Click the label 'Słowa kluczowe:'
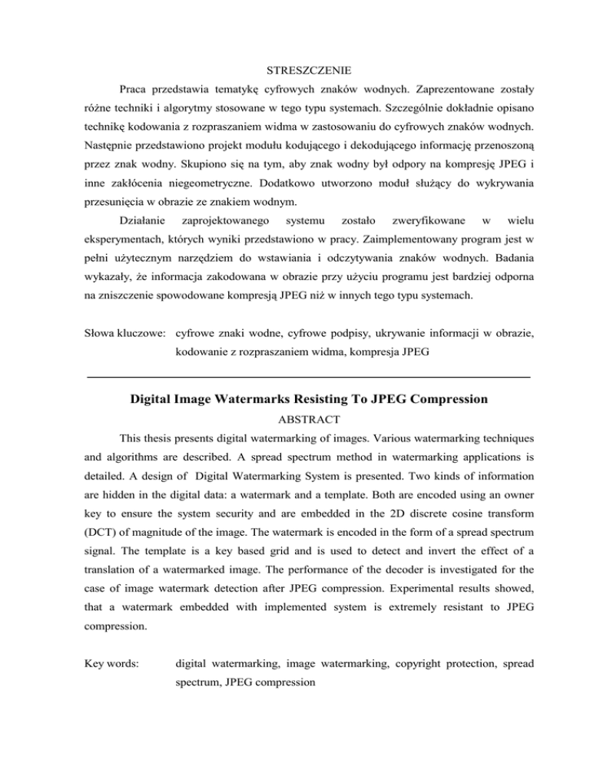tap(126, 335)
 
